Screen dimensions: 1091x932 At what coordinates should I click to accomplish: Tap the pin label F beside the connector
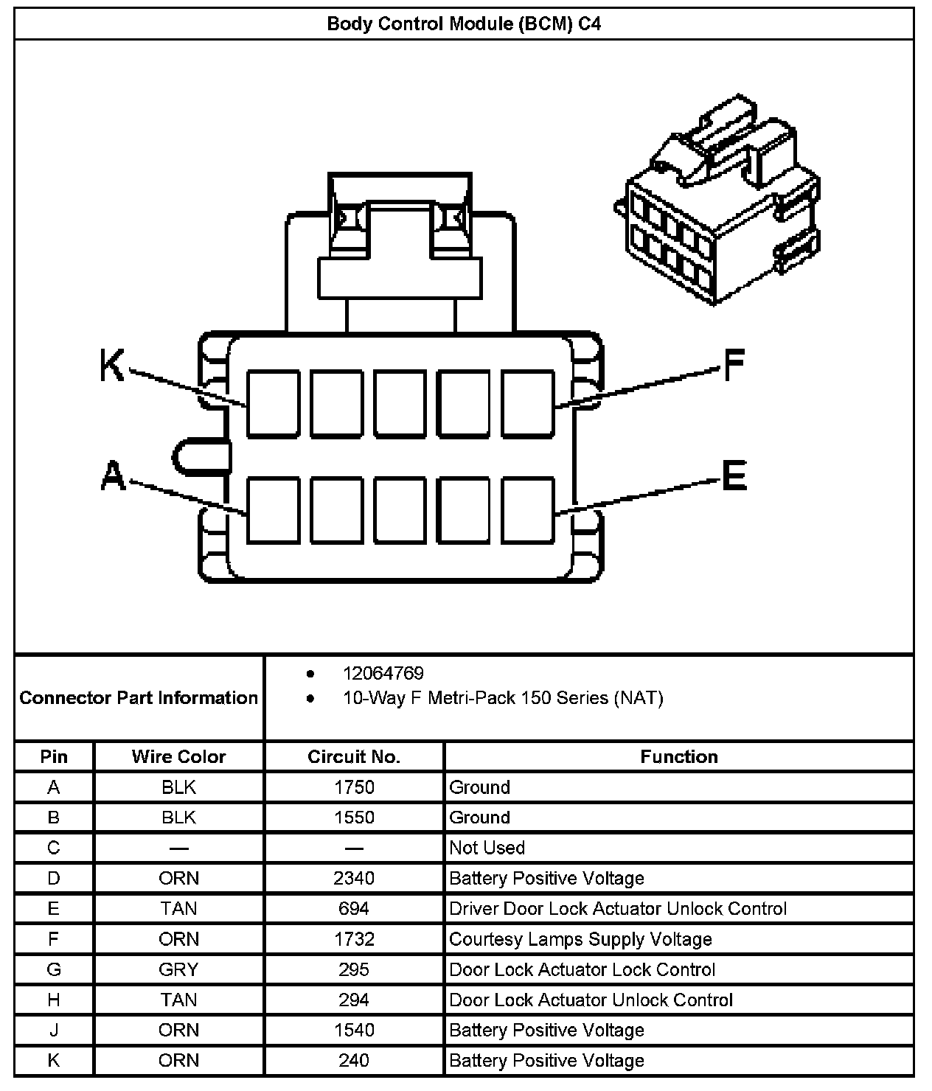[x=734, y=365]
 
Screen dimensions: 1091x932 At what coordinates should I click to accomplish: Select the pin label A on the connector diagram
[x=112, y=475]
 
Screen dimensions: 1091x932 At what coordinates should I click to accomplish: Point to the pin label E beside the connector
[x=734, y=475]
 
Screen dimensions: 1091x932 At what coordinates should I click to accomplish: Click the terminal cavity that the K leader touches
[x=273, y=404]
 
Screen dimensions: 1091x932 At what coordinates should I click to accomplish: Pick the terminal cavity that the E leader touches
[x=528, y=510]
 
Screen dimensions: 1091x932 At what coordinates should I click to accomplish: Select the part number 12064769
[x=383, y=673]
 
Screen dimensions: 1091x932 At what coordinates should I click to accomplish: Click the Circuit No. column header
[x=354, y=757]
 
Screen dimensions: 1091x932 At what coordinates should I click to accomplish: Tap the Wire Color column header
[x=178, y=757]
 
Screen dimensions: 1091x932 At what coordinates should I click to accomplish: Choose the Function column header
[x=678, y=757]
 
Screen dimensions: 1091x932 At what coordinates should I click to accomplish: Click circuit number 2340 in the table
[x=354, y=878]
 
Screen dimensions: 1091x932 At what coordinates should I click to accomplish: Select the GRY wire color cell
[x=178, y=969]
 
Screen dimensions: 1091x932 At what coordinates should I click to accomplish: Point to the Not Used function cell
[x=487, y=848]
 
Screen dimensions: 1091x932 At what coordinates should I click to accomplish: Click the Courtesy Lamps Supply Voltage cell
[x=580, y=939]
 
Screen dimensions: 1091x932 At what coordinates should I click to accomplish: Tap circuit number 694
[x=354, y=908]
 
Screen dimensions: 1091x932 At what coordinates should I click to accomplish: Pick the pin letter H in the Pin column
[x=54, y=1000]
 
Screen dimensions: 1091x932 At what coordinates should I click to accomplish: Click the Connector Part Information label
[x=139, y=697]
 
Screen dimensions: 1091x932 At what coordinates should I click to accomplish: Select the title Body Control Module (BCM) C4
[x=464, y=24]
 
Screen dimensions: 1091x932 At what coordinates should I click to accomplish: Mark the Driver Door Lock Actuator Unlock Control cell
[x=618, y=908]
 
